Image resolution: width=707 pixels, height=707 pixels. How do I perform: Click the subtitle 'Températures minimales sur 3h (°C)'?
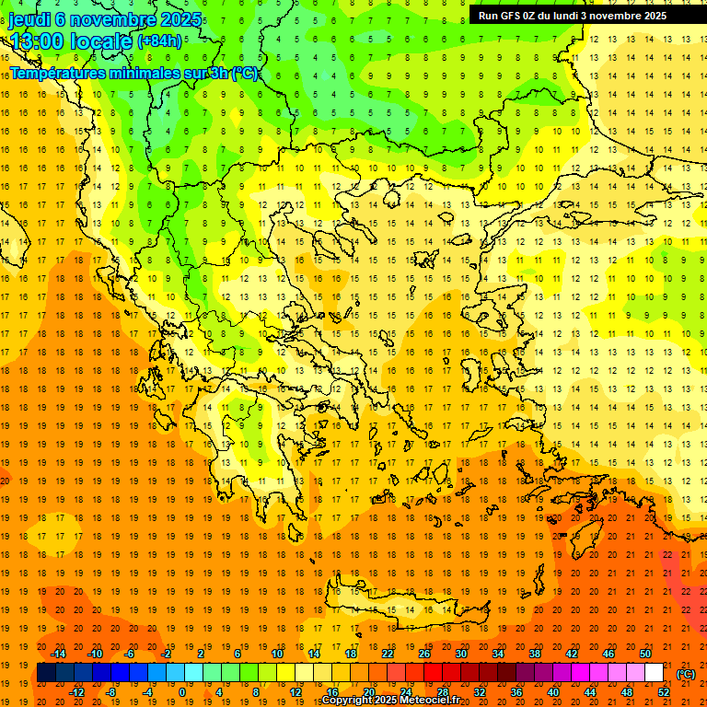(134, 73)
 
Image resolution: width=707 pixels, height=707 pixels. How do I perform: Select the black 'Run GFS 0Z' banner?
(580, 15)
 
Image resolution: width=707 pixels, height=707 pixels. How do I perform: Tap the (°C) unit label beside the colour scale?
(686, 674)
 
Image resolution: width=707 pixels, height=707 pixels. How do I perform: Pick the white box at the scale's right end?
(654, 673)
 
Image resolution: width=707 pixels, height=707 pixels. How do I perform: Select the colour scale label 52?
(664, 692)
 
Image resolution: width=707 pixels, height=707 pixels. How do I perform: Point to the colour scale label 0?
(182, 692)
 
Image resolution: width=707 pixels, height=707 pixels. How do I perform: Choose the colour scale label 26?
(424, 654)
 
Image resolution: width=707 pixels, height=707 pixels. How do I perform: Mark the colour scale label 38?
(535, 654)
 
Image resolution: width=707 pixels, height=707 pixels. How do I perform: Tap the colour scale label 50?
(645, 654)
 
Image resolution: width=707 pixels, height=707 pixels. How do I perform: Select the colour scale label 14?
(314, 654)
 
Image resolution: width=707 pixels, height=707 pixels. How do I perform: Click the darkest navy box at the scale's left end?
(46, 673)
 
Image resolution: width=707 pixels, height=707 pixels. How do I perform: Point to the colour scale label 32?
(480, 692)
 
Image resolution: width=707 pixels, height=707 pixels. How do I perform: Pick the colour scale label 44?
(590, 692)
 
